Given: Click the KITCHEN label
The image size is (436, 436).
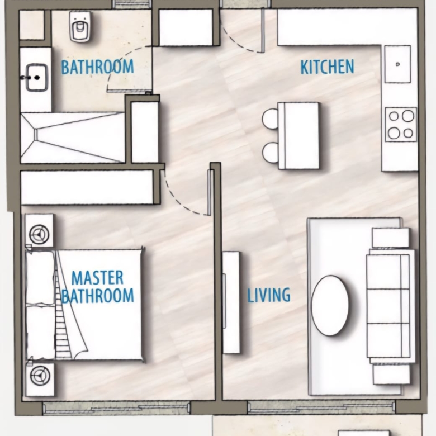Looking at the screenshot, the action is (x=327, y=67).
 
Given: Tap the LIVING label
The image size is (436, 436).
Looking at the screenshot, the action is (x=269, y=295).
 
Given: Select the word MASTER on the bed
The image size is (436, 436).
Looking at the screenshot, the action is (x=97, y=277).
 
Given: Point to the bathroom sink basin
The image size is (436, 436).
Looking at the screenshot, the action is (x=36, y=78).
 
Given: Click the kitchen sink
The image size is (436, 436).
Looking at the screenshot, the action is (x=397, y=64).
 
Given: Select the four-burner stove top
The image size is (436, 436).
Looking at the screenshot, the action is (x=401, y=124).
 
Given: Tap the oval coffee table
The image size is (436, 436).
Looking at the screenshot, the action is (x=330, y=305).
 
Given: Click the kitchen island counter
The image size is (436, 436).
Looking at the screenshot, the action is (x=298, y=136).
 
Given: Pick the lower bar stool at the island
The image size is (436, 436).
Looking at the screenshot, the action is (x=271, y=153).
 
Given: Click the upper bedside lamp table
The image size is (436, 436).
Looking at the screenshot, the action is (x=39, y=230).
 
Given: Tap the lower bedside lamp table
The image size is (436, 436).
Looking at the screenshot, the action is (x=40, y=379).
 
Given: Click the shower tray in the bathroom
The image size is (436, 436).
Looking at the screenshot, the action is (x=73, y=138).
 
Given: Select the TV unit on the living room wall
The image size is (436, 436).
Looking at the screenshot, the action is (x=231, y=302).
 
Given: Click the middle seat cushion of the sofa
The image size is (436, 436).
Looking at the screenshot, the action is (x=388, y=306).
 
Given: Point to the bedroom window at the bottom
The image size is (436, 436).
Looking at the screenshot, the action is (x=116, y=408).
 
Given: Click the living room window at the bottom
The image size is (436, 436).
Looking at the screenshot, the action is (x=321, y=407).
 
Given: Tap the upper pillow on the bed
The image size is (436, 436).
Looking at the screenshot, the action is (x=40, y=277).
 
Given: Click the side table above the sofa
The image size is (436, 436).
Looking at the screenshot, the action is (x=390, y=238).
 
